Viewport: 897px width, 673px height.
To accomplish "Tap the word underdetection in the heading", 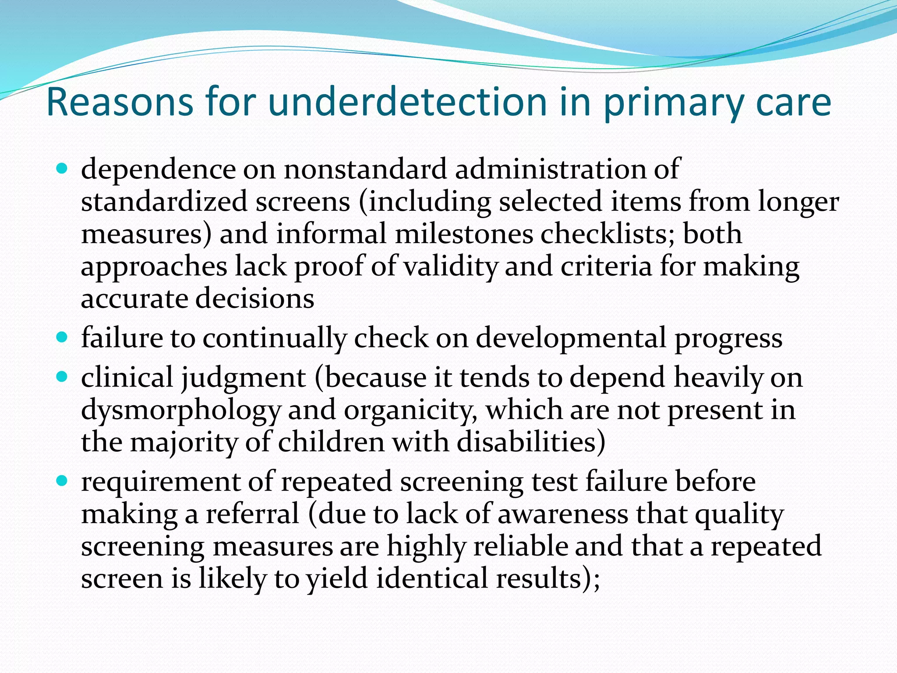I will pyautogui.click(x=407, y=102).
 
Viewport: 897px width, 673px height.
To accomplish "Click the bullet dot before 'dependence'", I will pyautogui.click(x=63, y=168).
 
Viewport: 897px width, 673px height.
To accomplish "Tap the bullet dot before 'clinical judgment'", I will pyautogui.click(x=63, y=376).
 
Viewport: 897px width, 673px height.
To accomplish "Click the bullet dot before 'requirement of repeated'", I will pyautogui.click(x=63, y=481).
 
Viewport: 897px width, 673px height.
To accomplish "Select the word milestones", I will pyautogui.click(x=464, y=234).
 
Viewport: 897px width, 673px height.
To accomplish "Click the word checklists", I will pyautogui.click(x=607, y=234).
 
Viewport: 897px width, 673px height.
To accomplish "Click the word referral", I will pyautogui.click(x=253, y=514).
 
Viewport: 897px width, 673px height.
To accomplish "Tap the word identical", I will pyautogui.click(x=432, y=578).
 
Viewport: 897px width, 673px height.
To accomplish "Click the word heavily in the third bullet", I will pyautogui.click(x=718, y=377).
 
